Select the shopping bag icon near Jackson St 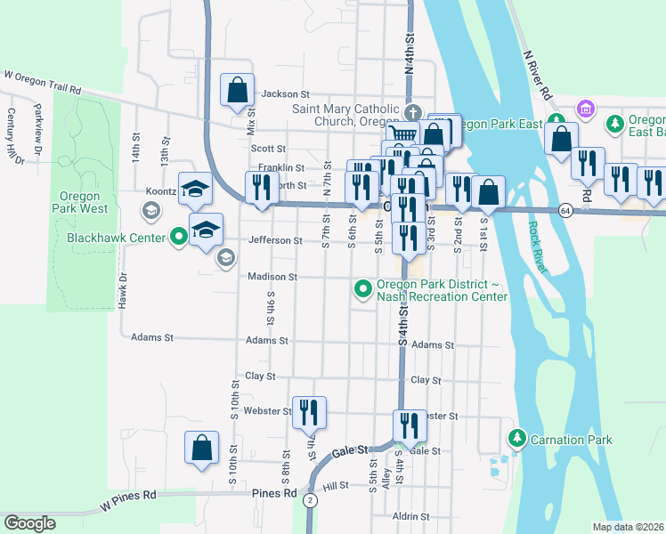[238, 91]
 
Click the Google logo [30, 523]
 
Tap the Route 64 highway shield [566, 210]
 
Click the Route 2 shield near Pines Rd [309, 501]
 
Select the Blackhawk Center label [117, 238]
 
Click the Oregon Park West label [85, 202]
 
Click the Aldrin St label [410, 516]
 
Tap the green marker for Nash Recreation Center [362, 288]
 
